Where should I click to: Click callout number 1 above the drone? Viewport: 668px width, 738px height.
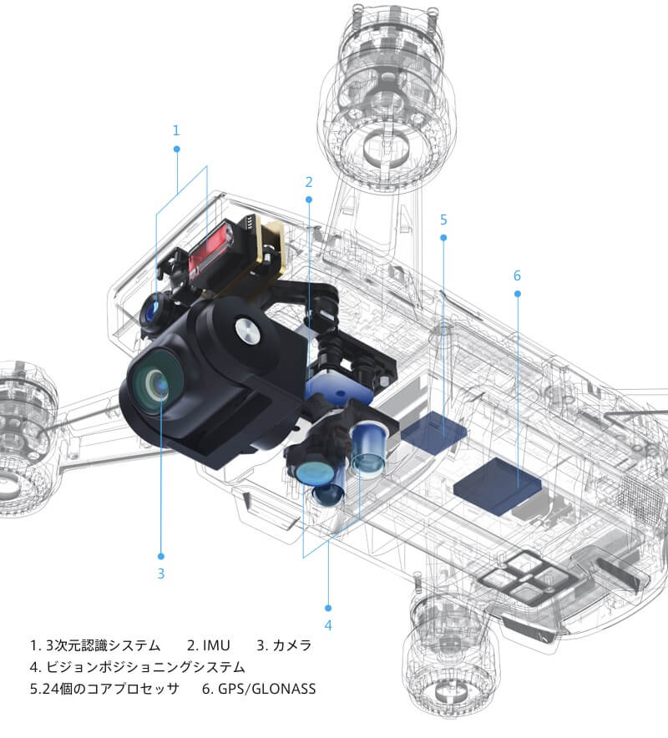click(x=176, y=130)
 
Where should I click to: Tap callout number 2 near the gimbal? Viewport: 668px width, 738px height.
click(x=309, y=181)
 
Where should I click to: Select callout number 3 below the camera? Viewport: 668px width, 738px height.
click(x=160, y=574)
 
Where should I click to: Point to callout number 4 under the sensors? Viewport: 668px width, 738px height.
click(x=328, y=624)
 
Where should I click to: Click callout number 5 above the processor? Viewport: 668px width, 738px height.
click(x=443, y=220)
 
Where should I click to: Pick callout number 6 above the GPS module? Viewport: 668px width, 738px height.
click(x=517, y=275)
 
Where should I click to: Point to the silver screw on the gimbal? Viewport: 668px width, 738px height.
click(x=246, y=331)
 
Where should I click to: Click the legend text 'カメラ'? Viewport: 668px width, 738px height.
click(x=284, y=645)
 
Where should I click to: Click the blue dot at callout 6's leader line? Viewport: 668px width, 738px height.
click(x=517, y=293)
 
